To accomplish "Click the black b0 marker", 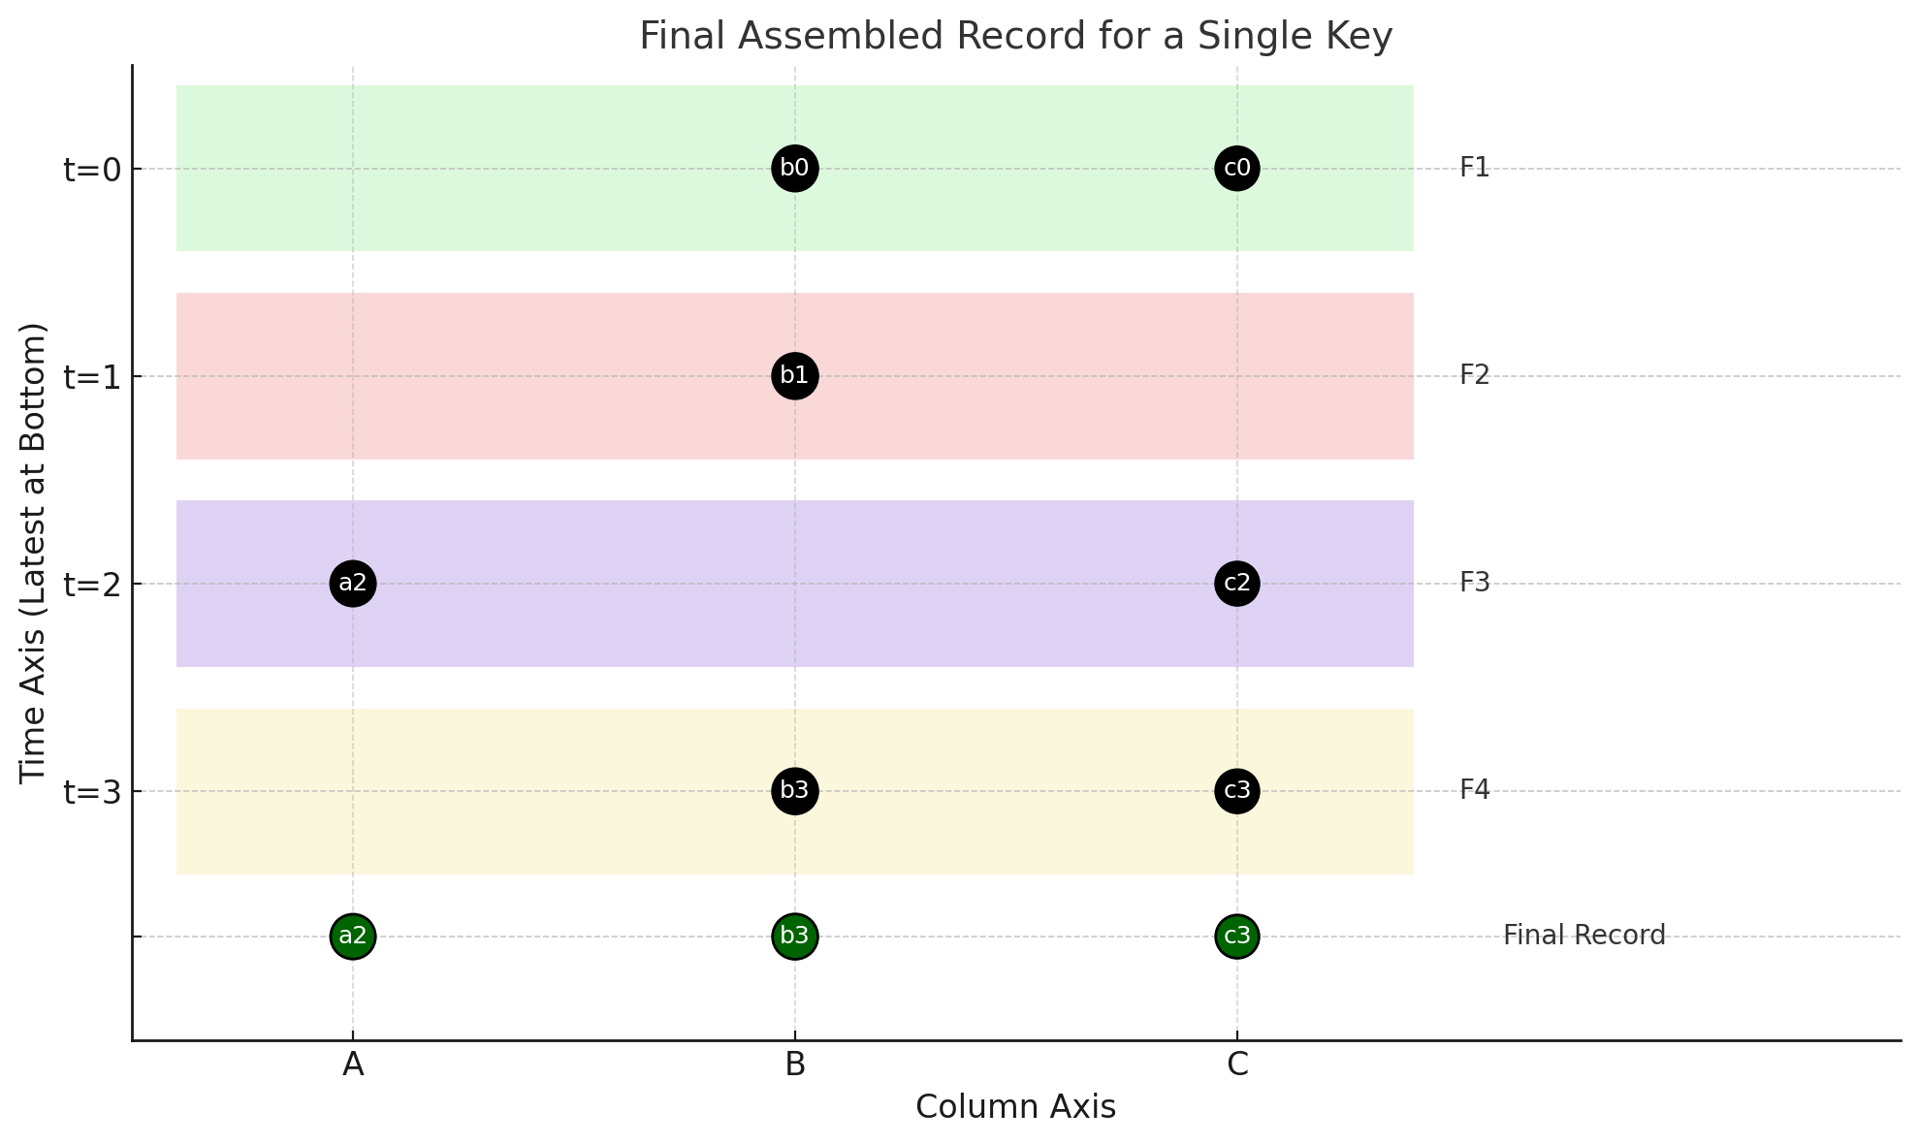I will pyautogui.click(x=794, y=169).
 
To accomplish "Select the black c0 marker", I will pyautogui.click(x=1236, y=169).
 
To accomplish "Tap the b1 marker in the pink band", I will pyautogui.click(x=794, y=376).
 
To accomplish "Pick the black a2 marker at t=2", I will pyautogui.click(x=352, y=584).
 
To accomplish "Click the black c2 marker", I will pyautogui.click(x=1236, y=584).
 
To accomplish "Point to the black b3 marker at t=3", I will pyautogui.click(x=794, y=791).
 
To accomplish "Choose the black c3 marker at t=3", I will pyautogui.click(x=1236, y=791).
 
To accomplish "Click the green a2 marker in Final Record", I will pyautogui.click(x=352, y=937).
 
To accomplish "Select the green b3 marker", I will pyautogui.click(x=794, y=937).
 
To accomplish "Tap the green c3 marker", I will pyautogui.click(x=1236, y=937).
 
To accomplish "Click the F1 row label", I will pyautogui.click(x=1474, y=168).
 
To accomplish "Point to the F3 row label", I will pyautogui.click(x=1474, y=583).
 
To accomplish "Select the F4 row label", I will pyautogui.click(x=1474, y=790).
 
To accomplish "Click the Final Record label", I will pyautogui.click(x=1583, y=936).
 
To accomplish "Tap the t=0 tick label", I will pyautogui.click(x=92, y=170).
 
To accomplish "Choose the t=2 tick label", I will pyautogui.click(x=92, y=585).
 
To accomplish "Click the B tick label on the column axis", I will pyautogui.click(x=795, y=1065).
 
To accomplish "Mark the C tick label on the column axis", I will pyautogui.click(x=1237, y=1065).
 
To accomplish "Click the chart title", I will pyautogui.click(x=1015, y=37).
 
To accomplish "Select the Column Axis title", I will pyautogui.click(x=1015, y=1107).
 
